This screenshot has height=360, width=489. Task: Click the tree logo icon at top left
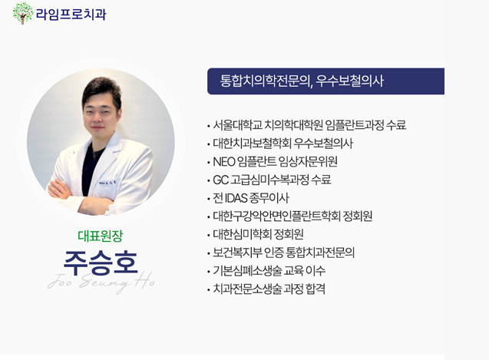coord(23,13)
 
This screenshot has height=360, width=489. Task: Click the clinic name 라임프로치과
coord(71,15)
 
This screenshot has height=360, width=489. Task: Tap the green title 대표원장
coord(101,236)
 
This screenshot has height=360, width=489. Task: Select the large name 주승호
coord(101,263)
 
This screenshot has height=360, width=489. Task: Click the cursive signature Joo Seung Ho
coord(101,282)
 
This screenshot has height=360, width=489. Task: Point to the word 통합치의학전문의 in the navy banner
coord(264,81)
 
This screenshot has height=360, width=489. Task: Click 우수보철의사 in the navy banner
coord(349,81)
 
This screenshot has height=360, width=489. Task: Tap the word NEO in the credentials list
coord(224,162)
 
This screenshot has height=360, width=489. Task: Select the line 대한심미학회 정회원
coord(258,234)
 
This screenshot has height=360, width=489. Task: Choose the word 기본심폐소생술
coord(247,270)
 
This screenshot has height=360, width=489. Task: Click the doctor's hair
coord(101,89)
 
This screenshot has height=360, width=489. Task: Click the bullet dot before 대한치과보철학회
coord(208,144)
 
